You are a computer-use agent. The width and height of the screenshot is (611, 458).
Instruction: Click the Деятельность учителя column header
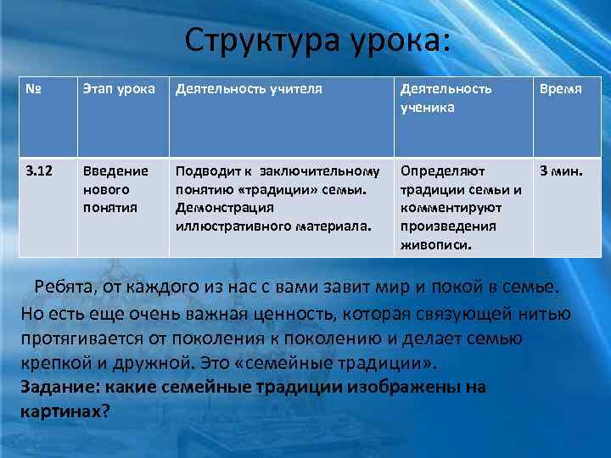pyautogui.click(x=249, y=89)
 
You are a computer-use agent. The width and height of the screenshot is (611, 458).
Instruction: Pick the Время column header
pyautogui.click(x=563, y=89)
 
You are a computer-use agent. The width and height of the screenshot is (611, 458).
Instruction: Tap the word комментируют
pyautogui.click(x=451, y=208)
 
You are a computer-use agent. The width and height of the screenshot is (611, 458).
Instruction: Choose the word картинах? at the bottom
pyautogui.click(x=64, y=411)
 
